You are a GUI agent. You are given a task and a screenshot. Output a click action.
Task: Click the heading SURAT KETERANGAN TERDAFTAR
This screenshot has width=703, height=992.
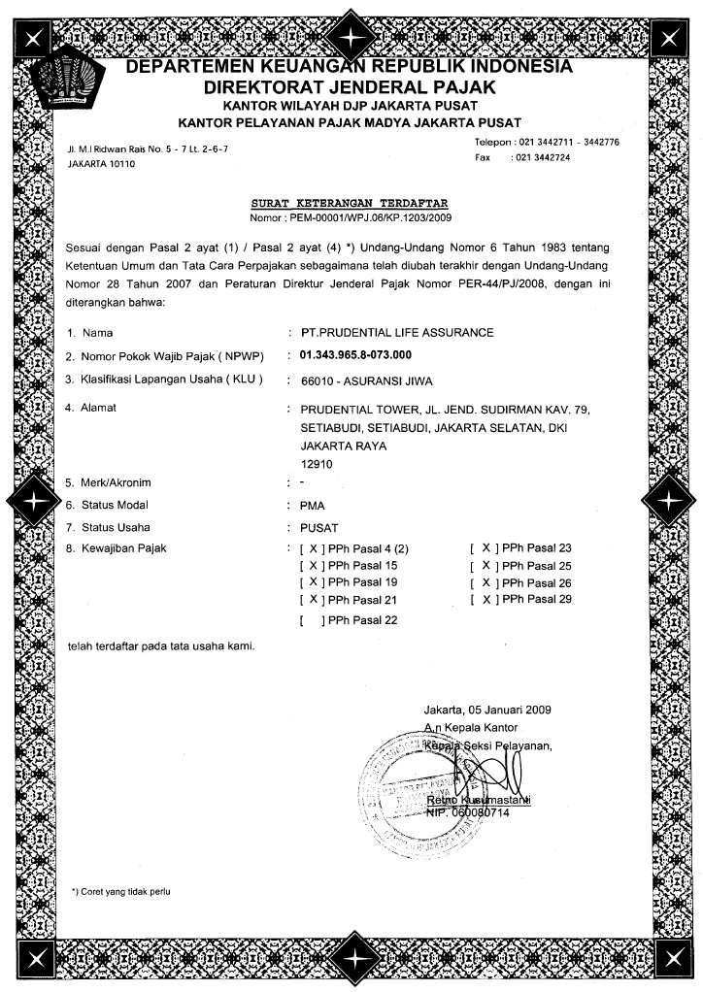[x=351, y=204]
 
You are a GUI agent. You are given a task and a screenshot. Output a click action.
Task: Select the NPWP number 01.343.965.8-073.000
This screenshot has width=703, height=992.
[x=356, y=355]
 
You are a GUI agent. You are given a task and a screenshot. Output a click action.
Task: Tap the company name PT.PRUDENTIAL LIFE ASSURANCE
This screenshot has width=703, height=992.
[x=397, y=333]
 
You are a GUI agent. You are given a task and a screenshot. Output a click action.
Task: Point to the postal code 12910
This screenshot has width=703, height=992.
[x=316, y=464]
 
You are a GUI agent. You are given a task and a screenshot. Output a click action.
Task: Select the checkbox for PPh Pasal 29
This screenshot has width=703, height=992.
[x=483, y=600]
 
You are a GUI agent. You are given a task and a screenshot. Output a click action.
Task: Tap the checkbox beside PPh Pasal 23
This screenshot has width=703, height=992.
[x=483, y=548]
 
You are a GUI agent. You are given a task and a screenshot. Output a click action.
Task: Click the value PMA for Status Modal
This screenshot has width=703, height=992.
[x=313, y=506]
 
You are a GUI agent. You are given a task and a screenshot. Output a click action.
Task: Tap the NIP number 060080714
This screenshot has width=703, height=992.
[x=478, y=811]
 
